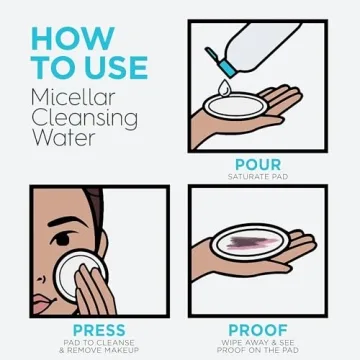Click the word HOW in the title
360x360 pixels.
pyautogui.click(x=73, y=39)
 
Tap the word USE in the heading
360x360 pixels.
pyautogui.click(x=114, y=68)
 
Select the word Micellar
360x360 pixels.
pyautogui.click(x=73, y=97)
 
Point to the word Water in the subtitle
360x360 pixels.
pyautogui.click(x=63, y=137)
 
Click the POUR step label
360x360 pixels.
pyautogui.click(x=258, y=165)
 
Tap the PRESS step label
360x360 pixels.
pyautogui.click(x=99, y=330)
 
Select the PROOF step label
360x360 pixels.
pyautogui.click(x=258, y=330)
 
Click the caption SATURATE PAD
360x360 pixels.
pyautogui.click(x=258, y=177)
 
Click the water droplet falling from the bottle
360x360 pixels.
pyautogui.click(x=224, y=88)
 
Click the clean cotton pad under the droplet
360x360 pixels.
pyautogui.click(x=236, y=106)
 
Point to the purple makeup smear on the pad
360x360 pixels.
pyautogui.click(x=252, y=243)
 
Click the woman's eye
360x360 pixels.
pyautogui.click(x=61, y=238)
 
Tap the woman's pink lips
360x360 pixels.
pyautogui.click(x=41, y=303)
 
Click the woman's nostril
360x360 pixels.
pyautogui.click(x=41, y=279)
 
